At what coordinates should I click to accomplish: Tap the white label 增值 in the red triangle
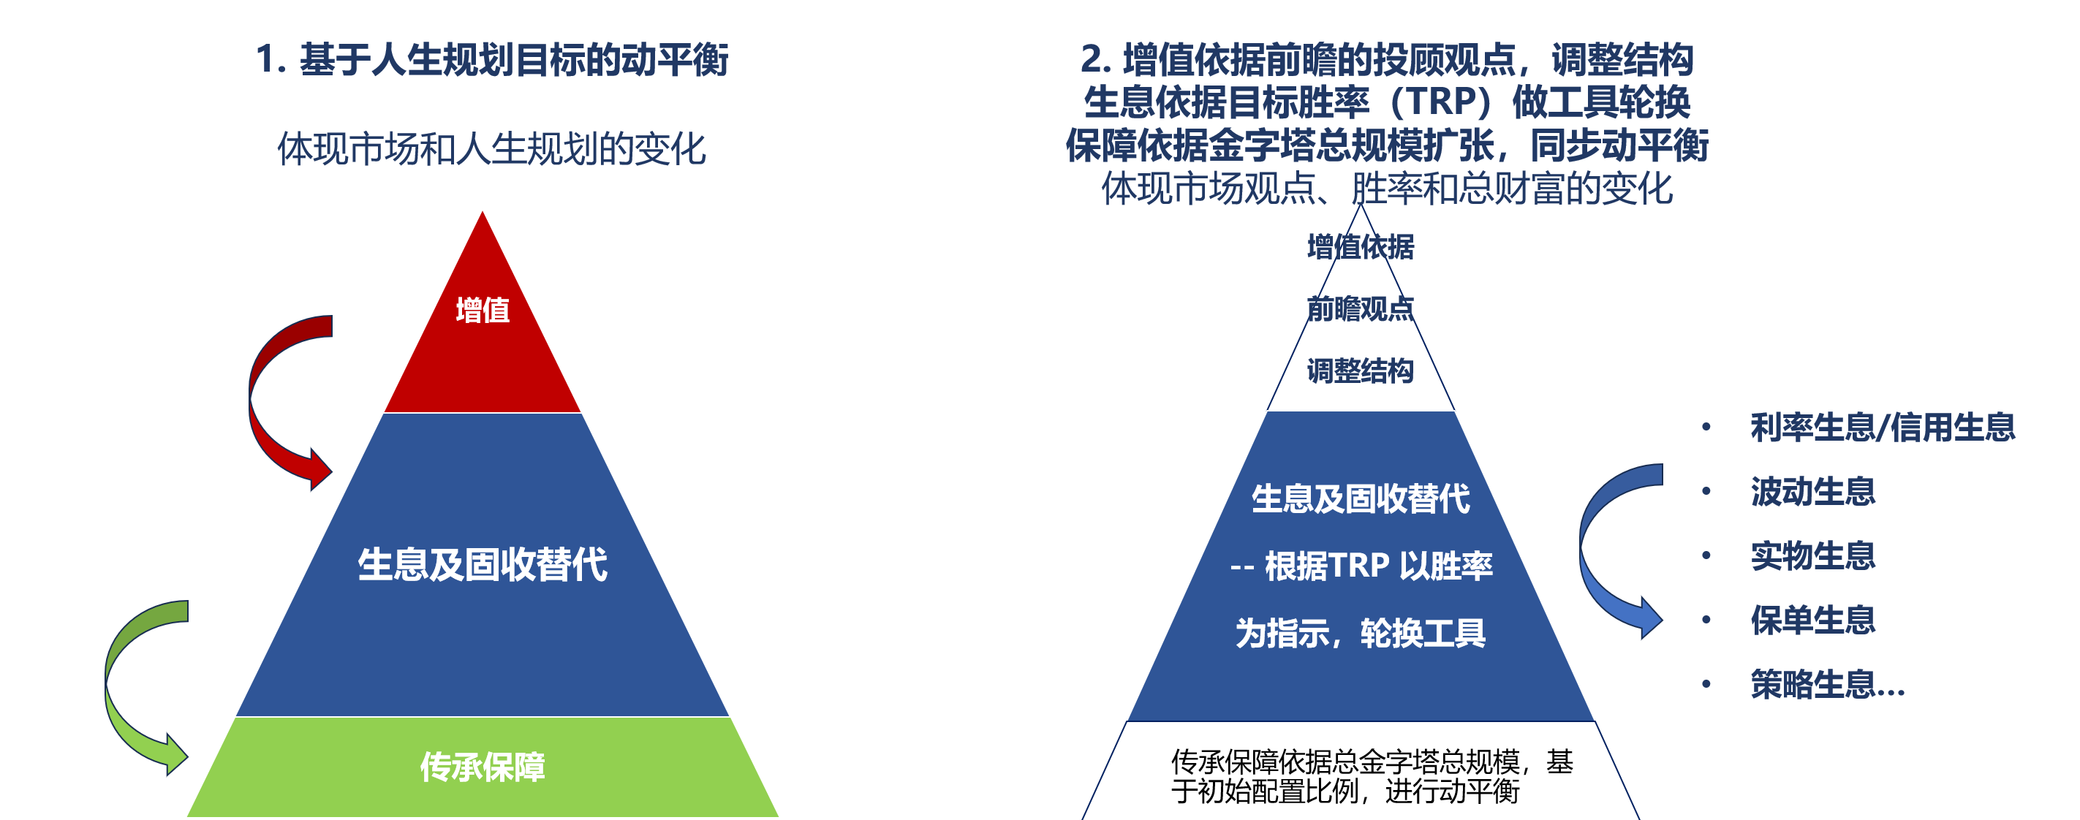(x=483, y=311)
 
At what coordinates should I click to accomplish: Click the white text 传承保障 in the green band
(x=483, y=767)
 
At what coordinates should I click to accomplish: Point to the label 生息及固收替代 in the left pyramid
(x=483, y=564)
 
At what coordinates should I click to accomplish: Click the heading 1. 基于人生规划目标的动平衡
(x=492, y=60)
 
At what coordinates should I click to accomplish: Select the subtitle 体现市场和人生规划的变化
(x=492, y=149)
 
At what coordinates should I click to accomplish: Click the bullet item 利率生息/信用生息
(x=1883, y=427)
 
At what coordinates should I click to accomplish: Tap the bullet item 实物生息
(x=1812, y=556)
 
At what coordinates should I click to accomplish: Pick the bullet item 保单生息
(x=1812, y=620)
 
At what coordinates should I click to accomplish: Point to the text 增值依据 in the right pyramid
(x=1361, y=247)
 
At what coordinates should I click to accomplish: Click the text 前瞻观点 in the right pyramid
(x=1361, y=309)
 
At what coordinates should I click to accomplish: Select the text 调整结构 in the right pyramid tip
(x=1361, y=371)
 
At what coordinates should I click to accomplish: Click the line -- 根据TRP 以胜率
(x=1361, y=566)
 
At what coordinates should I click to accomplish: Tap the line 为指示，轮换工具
(x=1361, y=634)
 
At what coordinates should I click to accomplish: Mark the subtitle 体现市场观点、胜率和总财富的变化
(x=1387, y=189)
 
